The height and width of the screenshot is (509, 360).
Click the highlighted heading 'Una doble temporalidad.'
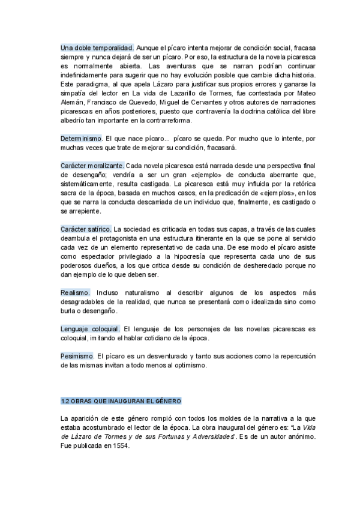pyautogui.click(x=97, y=47)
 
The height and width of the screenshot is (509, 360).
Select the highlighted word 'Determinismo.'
pyautogui.click(x=82, y=138)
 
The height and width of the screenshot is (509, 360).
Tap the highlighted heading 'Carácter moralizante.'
pyautogui.click(x=92, y=165)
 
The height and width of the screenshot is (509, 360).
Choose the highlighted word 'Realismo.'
pyautogui.click(x=75, y=292)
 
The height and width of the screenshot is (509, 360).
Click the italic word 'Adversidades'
pyautogui.click(x=214, y=437)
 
